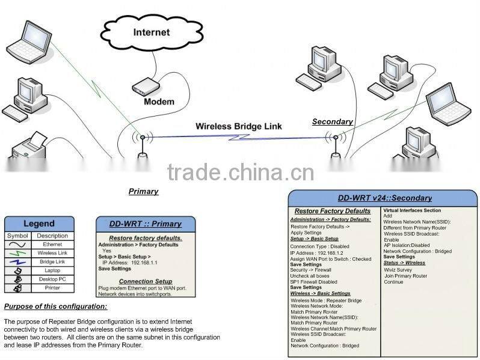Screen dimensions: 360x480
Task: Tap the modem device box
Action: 146,87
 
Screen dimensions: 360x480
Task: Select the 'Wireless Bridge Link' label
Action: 238,127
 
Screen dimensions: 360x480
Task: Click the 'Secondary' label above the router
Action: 332,121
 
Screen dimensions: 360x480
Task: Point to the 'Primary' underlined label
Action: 143,191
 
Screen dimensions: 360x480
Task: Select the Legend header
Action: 39,224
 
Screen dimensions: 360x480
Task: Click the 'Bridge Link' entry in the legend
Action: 52,262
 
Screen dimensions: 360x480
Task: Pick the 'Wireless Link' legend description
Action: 52,253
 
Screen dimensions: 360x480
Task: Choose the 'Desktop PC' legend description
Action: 52,279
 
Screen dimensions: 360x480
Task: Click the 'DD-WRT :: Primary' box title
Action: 145,224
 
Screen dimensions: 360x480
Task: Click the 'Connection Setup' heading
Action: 145,281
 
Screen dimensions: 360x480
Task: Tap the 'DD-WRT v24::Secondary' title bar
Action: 384,198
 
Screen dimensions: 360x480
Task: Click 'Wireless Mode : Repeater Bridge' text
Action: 326,300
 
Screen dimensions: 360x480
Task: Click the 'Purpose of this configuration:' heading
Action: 55,307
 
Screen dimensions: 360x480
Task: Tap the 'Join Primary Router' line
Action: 405,276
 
